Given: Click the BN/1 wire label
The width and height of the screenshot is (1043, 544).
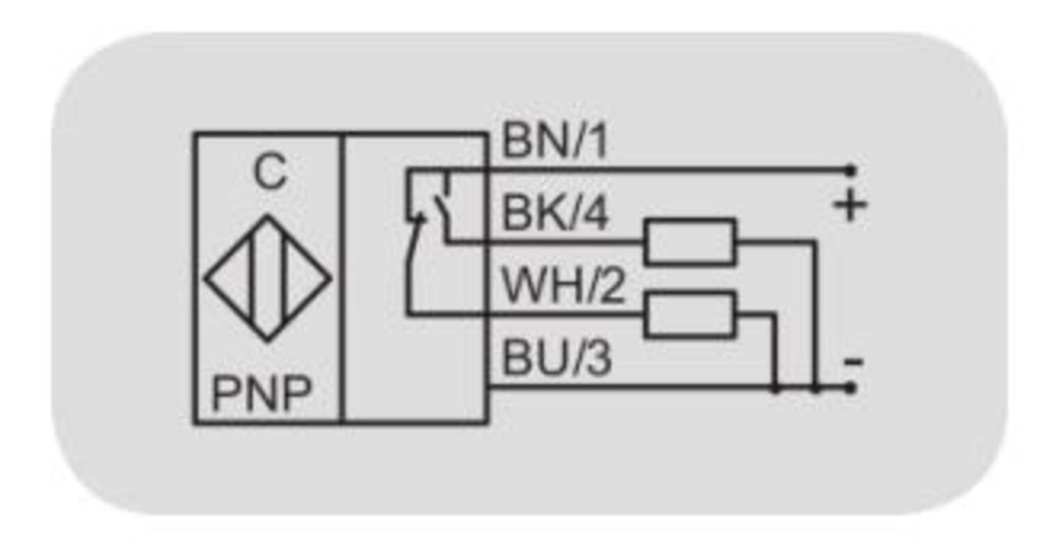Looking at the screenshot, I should point(554,143).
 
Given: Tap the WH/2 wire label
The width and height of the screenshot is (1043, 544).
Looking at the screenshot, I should point(563,286).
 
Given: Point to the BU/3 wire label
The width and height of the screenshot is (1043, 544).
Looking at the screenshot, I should point(556,359).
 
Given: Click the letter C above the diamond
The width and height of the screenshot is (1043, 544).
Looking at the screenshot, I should point(269,173).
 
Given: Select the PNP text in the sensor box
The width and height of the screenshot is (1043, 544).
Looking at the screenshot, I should point(261,394).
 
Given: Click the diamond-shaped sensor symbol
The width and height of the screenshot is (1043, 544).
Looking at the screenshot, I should point(268,278).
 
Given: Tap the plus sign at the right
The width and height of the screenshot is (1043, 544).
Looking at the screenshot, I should point(850,206).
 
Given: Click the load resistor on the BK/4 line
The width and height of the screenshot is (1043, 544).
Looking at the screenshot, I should point(690,242).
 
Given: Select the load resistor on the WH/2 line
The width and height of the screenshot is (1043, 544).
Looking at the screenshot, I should point(690,315).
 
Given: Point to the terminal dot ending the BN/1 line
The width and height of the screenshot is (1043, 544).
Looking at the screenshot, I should point(850,169).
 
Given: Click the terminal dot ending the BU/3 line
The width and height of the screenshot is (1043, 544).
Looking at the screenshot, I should point(850,387).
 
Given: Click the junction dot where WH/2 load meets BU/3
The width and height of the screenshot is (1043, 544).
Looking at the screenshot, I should point(775,387).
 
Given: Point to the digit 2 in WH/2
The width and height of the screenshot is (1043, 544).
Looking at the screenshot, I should point(611,286).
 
